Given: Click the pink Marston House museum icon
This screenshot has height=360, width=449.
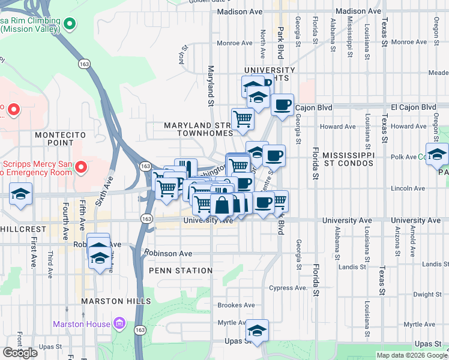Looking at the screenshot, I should tap(119, 324).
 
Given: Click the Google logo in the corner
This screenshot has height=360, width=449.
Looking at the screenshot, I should tap(20, 352).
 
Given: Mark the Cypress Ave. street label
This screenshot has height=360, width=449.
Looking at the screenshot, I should tap(292, 288).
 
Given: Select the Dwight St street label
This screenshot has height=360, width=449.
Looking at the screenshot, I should tap(427, 294).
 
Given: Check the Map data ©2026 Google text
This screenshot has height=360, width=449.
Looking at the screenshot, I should tap(411, 355).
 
